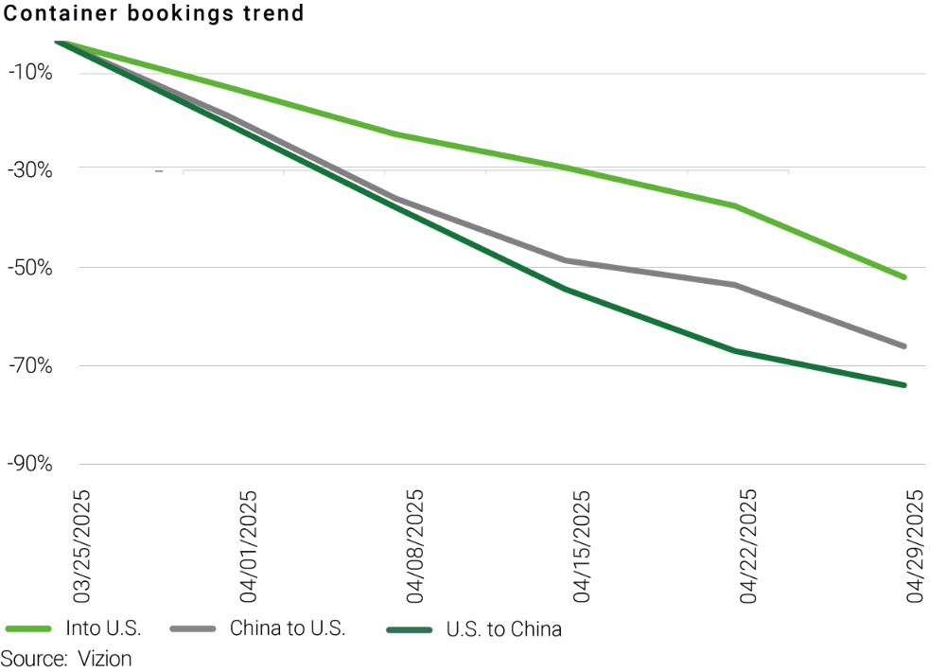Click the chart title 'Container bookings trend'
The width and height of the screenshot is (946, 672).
pos(154,13)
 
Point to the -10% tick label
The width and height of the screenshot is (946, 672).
pos(32,73)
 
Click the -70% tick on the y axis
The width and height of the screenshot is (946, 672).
pos(32,365)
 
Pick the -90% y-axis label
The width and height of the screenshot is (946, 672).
pos(32,464)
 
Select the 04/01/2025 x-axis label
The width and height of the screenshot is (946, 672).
pos(248,546)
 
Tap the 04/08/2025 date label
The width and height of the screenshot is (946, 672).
pos(414,546)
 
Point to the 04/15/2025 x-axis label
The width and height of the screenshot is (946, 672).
pos(581,546)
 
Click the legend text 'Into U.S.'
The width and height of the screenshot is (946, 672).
pos(103,628)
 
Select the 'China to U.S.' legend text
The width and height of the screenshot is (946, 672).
pos(288,628)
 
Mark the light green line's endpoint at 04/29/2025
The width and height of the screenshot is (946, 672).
pos(904,277)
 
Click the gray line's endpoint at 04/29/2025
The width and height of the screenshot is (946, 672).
pos(904,346)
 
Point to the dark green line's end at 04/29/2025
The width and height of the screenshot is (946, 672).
pos(904,385)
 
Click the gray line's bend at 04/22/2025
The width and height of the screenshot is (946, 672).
pos(736,285)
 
